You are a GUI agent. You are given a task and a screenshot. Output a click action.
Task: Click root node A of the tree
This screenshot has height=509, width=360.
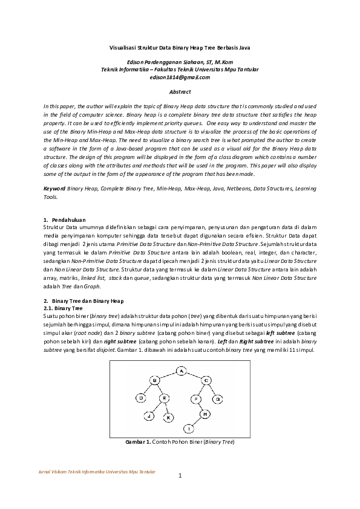pyautogui.click(x=180, y=371)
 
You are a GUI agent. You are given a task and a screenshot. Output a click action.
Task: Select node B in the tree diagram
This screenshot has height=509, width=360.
pyautogui.click(x=154, y=380)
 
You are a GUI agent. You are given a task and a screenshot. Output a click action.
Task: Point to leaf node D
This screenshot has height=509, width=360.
pyautogui.click(x=140, y=398)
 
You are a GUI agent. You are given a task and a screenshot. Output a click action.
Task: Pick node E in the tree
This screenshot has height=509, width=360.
pyautogui.click(x=165, y=398)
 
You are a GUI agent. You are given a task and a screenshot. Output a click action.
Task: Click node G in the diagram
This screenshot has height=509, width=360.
pyautogui.click(x=218, y=398)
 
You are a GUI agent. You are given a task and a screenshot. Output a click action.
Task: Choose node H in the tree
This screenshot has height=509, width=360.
pyautogui.click(x=205, y=414)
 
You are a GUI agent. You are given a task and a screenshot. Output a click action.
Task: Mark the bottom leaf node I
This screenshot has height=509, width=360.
pyautogui.click(x=189, y=429)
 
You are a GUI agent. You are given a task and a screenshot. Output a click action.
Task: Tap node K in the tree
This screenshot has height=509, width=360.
pyautogui.click(x=169, y=417)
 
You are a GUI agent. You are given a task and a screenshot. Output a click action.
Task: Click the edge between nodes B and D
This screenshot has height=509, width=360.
pyautogui.click(x=147, y=389)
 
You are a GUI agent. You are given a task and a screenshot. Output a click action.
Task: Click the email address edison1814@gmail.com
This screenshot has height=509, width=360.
pyautogui.click(x=180, y=77)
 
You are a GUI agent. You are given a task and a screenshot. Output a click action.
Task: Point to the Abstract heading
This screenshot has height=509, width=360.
pyautogui.click(x=180, y=92)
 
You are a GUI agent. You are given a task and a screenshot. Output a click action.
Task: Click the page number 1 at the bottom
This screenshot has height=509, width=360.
pyautogui.click(x=180, y=475)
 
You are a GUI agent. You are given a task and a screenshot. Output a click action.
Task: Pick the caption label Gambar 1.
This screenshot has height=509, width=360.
pyautogui.click(x=138, y=442)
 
